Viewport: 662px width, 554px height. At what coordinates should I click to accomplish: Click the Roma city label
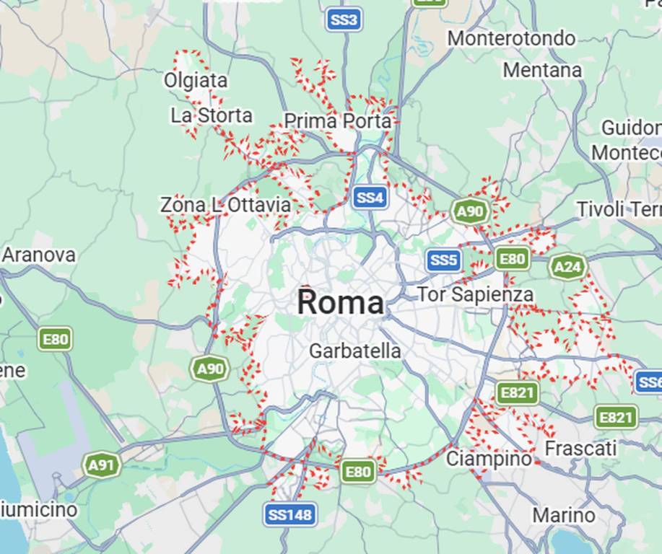click(340, 303)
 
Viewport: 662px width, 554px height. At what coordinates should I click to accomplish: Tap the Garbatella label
click(354, 351)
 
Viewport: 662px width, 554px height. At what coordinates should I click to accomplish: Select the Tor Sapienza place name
click(475, 294)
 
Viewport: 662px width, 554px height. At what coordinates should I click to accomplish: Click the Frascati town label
click(580, 449)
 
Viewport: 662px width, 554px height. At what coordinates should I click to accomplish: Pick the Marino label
click(564, 515)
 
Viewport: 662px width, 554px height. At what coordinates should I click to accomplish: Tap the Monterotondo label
click(511, 38)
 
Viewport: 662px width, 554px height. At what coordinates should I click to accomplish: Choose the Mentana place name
click(542, 70)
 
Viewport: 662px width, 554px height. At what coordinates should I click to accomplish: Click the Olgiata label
click(196, 80)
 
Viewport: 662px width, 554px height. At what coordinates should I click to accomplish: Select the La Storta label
click(212, 115)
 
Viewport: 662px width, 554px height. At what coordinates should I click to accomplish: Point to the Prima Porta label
click(337, 121)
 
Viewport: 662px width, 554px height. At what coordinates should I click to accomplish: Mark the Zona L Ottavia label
click(225, 205)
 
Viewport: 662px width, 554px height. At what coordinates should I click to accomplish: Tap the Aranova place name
click(39, 255)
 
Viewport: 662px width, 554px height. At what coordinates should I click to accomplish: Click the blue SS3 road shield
click(344, 19)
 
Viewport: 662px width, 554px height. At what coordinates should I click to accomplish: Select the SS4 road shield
click(370, 197)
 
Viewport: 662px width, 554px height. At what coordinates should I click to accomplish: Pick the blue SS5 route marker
click(443, 260)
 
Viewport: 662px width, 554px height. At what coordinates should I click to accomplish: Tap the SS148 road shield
click(289, 514)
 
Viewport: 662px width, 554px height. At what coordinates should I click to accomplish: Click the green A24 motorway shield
click(567, 268)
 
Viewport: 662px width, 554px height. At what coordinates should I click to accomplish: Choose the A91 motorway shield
click(101, 465)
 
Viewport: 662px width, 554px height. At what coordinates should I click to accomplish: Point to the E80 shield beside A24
click(512, 258)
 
